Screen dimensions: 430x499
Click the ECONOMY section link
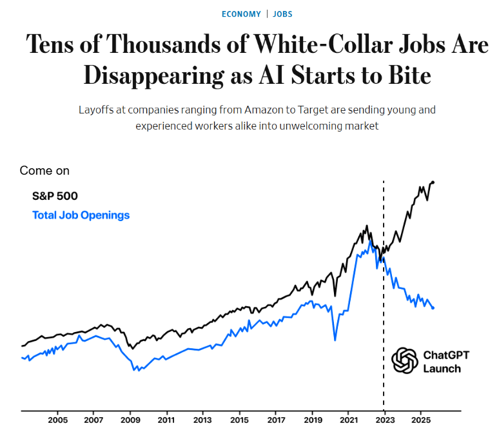point(241,14)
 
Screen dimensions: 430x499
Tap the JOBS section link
point(282,14)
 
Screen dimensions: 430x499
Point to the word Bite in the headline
point(406,76)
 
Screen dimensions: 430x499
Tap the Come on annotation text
point(44,171)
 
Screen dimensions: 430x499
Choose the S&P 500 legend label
point(55,196)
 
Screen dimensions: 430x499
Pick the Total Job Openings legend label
point(81,215)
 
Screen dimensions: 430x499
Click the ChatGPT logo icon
point(405,361)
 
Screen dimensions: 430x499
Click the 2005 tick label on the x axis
point(58,421)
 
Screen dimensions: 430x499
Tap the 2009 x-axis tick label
point(130,421)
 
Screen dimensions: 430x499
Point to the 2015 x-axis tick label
point(239,421)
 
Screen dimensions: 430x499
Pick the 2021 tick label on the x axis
point(348,421)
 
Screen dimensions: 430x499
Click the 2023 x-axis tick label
point(384,421)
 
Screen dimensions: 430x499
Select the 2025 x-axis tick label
point(420,421)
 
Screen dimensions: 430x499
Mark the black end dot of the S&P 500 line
point(433,182)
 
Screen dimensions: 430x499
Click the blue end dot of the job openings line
point(433,308)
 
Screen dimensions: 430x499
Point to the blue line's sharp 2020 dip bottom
point(335,340)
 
